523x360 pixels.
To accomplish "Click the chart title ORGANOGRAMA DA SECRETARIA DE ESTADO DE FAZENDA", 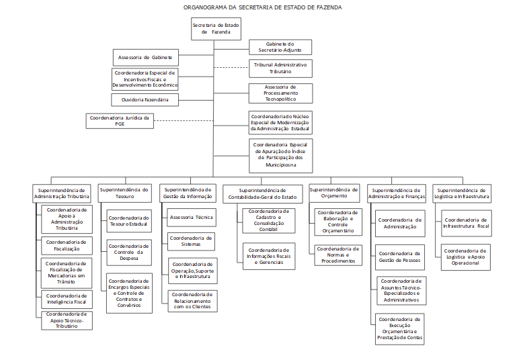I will (262, 7).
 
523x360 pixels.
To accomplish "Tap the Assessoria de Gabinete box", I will (145, 57).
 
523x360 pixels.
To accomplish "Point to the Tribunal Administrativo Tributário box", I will (280, 68).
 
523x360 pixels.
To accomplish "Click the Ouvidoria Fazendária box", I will (145, 100).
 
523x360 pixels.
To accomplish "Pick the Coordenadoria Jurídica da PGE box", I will (120, 121).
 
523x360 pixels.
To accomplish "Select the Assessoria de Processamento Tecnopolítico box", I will (280, 93).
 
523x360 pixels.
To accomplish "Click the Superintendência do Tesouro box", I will (125, 193).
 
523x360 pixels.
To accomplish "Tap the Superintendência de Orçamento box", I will (334, 193).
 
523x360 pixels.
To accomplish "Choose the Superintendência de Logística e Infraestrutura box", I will (460, 193).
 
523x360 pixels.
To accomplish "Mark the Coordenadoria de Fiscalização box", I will (67, 245).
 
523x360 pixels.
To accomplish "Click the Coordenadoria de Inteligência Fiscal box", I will (67, 299).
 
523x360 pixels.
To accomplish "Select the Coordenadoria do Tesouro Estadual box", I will (129, 222).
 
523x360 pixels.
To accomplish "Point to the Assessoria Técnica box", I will (192, 218).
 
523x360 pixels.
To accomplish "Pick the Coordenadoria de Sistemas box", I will (192, 241).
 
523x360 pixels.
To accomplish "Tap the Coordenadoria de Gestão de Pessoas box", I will (400, 257).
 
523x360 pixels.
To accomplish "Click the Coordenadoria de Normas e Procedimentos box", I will (337, 255).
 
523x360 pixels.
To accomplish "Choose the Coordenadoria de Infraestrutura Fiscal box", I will (466, 222).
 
